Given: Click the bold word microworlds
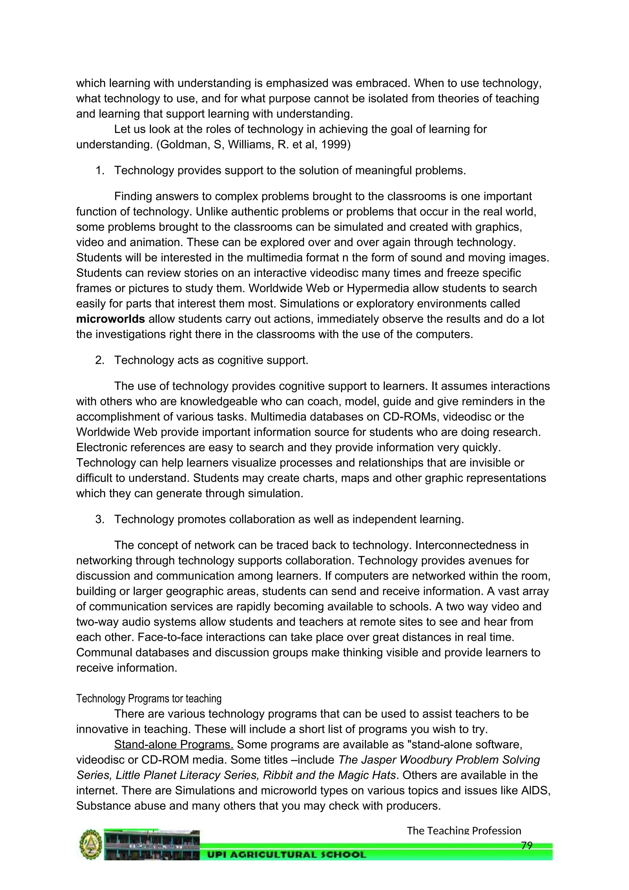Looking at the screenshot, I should [x=110, y=319].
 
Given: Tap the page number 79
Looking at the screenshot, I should [x=527, y=845].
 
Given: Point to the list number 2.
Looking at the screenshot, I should [x=100, y=360].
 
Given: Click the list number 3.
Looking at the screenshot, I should [x=100, y=519].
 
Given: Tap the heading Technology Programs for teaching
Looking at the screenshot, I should [x=149, y=699].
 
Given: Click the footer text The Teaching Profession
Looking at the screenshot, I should [x=464, y=830].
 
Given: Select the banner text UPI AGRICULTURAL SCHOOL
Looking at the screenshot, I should [x=287, y=855].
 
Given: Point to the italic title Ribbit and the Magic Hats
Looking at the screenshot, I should [x=329, y=775].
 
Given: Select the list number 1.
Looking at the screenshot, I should [x=100, y=171].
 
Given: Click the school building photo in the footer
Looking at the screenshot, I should [x=151, y=845].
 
